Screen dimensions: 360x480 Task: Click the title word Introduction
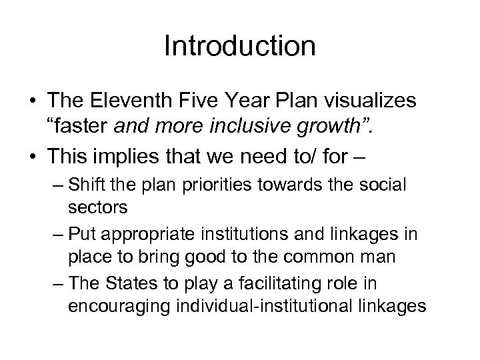[239, 47]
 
